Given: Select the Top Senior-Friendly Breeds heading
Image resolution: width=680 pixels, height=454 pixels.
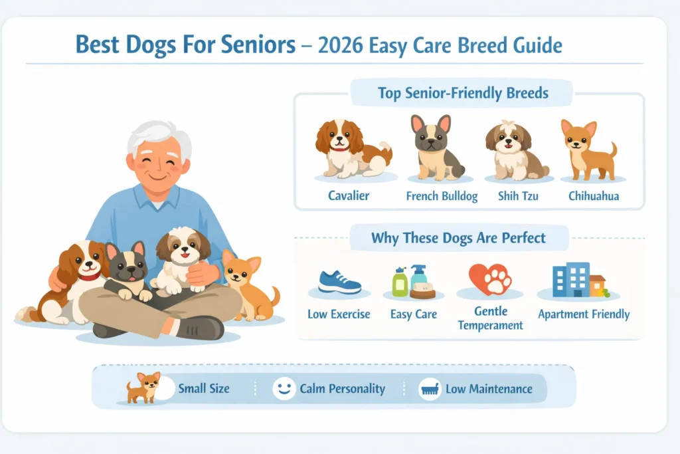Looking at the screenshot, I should [x=463, y=92].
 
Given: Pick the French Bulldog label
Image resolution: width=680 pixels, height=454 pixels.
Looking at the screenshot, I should [x=442, y=197].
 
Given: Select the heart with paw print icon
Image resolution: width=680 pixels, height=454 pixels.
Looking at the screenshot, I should [x=490, y=279].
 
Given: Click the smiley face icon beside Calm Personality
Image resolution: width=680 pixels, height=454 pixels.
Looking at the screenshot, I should [x=284, y=389].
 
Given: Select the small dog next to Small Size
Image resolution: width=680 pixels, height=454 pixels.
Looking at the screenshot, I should [x=144, y=387].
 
